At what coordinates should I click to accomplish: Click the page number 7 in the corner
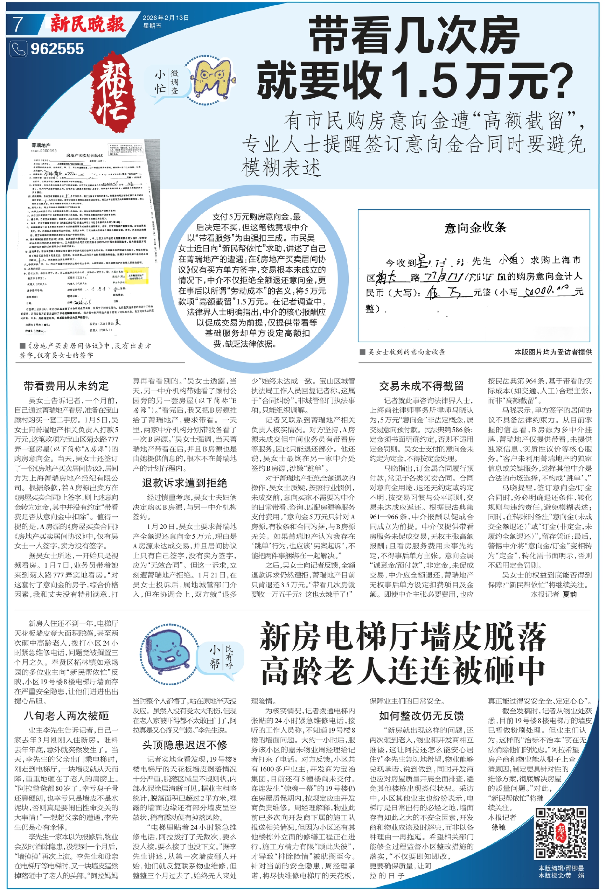tap(18, 24)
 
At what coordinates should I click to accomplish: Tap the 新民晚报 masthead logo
tap(88, 24)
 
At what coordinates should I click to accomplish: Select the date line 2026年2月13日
tap(166, 18)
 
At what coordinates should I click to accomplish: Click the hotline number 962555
tap(57, 49)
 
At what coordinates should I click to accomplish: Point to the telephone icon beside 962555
tap(18, 49)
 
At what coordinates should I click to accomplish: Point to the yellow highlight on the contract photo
tap(138, 276)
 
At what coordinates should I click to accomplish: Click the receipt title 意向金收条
tap(475, 227)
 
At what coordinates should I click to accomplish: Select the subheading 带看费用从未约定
tap(67, 386)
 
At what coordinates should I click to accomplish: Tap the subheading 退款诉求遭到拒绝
tap(184, 483)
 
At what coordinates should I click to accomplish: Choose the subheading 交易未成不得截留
tap(421, 386)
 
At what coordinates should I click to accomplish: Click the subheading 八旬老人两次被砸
tap(67, 716)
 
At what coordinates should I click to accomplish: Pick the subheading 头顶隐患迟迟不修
tap(184, 745)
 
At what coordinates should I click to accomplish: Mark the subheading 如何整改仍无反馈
tap(421, 716)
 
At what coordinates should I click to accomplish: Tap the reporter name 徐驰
tap(499, 827)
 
